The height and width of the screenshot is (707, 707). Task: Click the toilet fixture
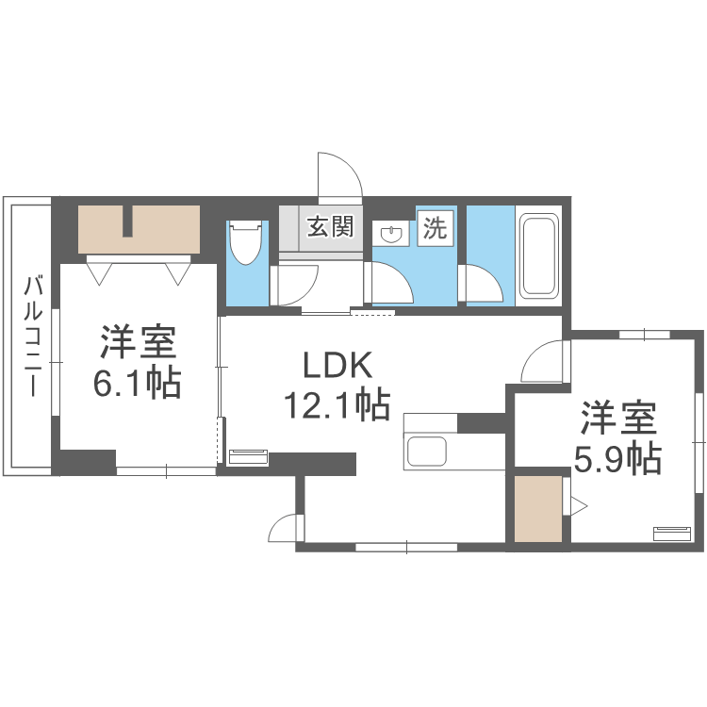pos(244,243)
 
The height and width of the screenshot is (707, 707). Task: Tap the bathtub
pos(539,256)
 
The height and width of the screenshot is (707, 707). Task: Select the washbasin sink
pos(389,233)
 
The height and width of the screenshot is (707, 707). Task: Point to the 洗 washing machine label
pos(435,227)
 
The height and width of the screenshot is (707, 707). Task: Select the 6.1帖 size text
pos(136,383)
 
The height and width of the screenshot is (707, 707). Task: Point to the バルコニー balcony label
pos(32,336)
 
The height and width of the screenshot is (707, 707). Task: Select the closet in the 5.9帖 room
pos(538,509)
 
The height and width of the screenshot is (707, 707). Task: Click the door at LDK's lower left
pos(284,527)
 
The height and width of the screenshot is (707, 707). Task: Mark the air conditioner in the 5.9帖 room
pos(671,532)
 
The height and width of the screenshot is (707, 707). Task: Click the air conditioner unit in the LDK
pos(248,457)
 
